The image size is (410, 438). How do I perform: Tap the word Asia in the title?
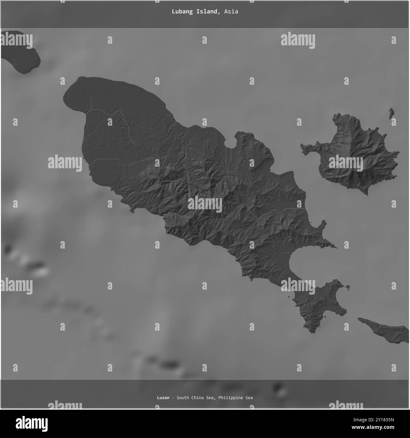(x=231, y=12)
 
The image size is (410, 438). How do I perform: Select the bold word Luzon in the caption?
(x=163, y=398)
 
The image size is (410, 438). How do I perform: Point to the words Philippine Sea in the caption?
(x=235, y=398)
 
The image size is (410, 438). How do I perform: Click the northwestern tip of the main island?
(x=68, y=95)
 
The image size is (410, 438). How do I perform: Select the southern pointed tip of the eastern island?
(x=367, y=194)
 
